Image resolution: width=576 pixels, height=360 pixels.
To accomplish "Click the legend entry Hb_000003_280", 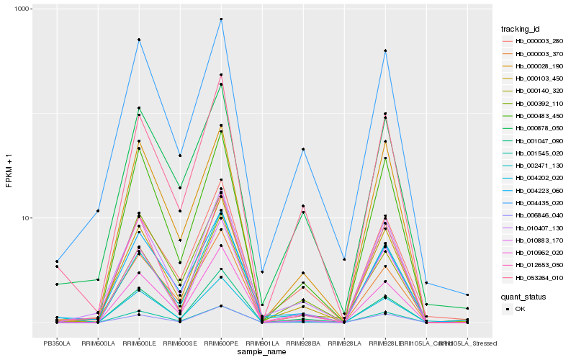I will coord(534,41).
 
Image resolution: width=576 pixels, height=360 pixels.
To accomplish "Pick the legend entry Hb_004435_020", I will coord(534,204).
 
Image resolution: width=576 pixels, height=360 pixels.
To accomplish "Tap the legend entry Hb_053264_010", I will coord(534,277).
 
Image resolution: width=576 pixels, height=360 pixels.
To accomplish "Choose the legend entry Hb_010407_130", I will coord(534,228).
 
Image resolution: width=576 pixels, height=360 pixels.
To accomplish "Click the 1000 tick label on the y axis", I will coord(22,9).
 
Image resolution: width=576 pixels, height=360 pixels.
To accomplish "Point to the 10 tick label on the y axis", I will coord(26,218).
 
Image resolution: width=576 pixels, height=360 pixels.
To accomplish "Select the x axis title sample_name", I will coord(261,352).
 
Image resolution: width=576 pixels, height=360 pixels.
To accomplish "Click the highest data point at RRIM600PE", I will coord(221,19).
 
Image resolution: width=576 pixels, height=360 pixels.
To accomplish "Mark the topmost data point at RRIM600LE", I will coord(139,40).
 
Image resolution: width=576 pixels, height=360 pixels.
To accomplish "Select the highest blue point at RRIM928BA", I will coord(303,149).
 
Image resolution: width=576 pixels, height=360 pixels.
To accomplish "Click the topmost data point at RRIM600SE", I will coord(180,156).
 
